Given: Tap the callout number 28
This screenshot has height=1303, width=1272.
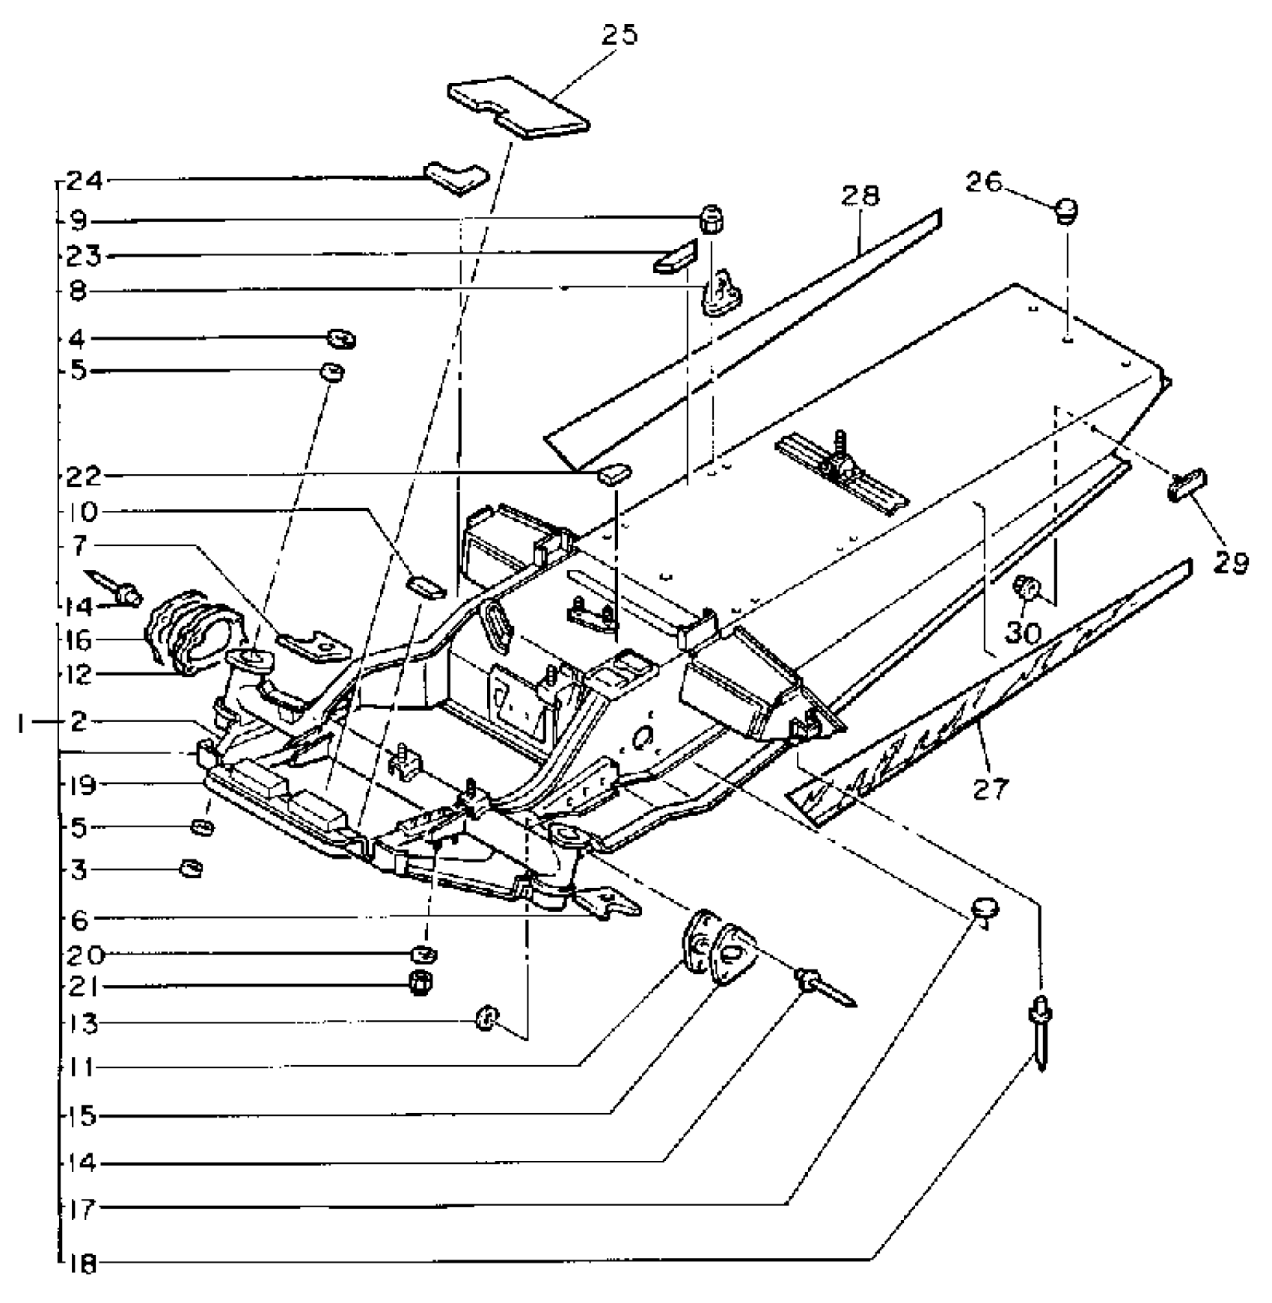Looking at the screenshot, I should point(860,195).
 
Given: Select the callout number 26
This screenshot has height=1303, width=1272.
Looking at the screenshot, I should point(983,182).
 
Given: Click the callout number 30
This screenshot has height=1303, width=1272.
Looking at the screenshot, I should point(1023,633).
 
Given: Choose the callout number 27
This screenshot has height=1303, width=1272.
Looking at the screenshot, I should point(991,788).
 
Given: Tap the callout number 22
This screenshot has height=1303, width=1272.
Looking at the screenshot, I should point(82,476).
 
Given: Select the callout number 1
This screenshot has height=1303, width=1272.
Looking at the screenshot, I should point(24,723).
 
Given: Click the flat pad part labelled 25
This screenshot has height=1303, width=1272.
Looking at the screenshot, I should point(517,107).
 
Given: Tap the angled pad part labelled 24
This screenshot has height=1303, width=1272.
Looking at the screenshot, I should point(456,177).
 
